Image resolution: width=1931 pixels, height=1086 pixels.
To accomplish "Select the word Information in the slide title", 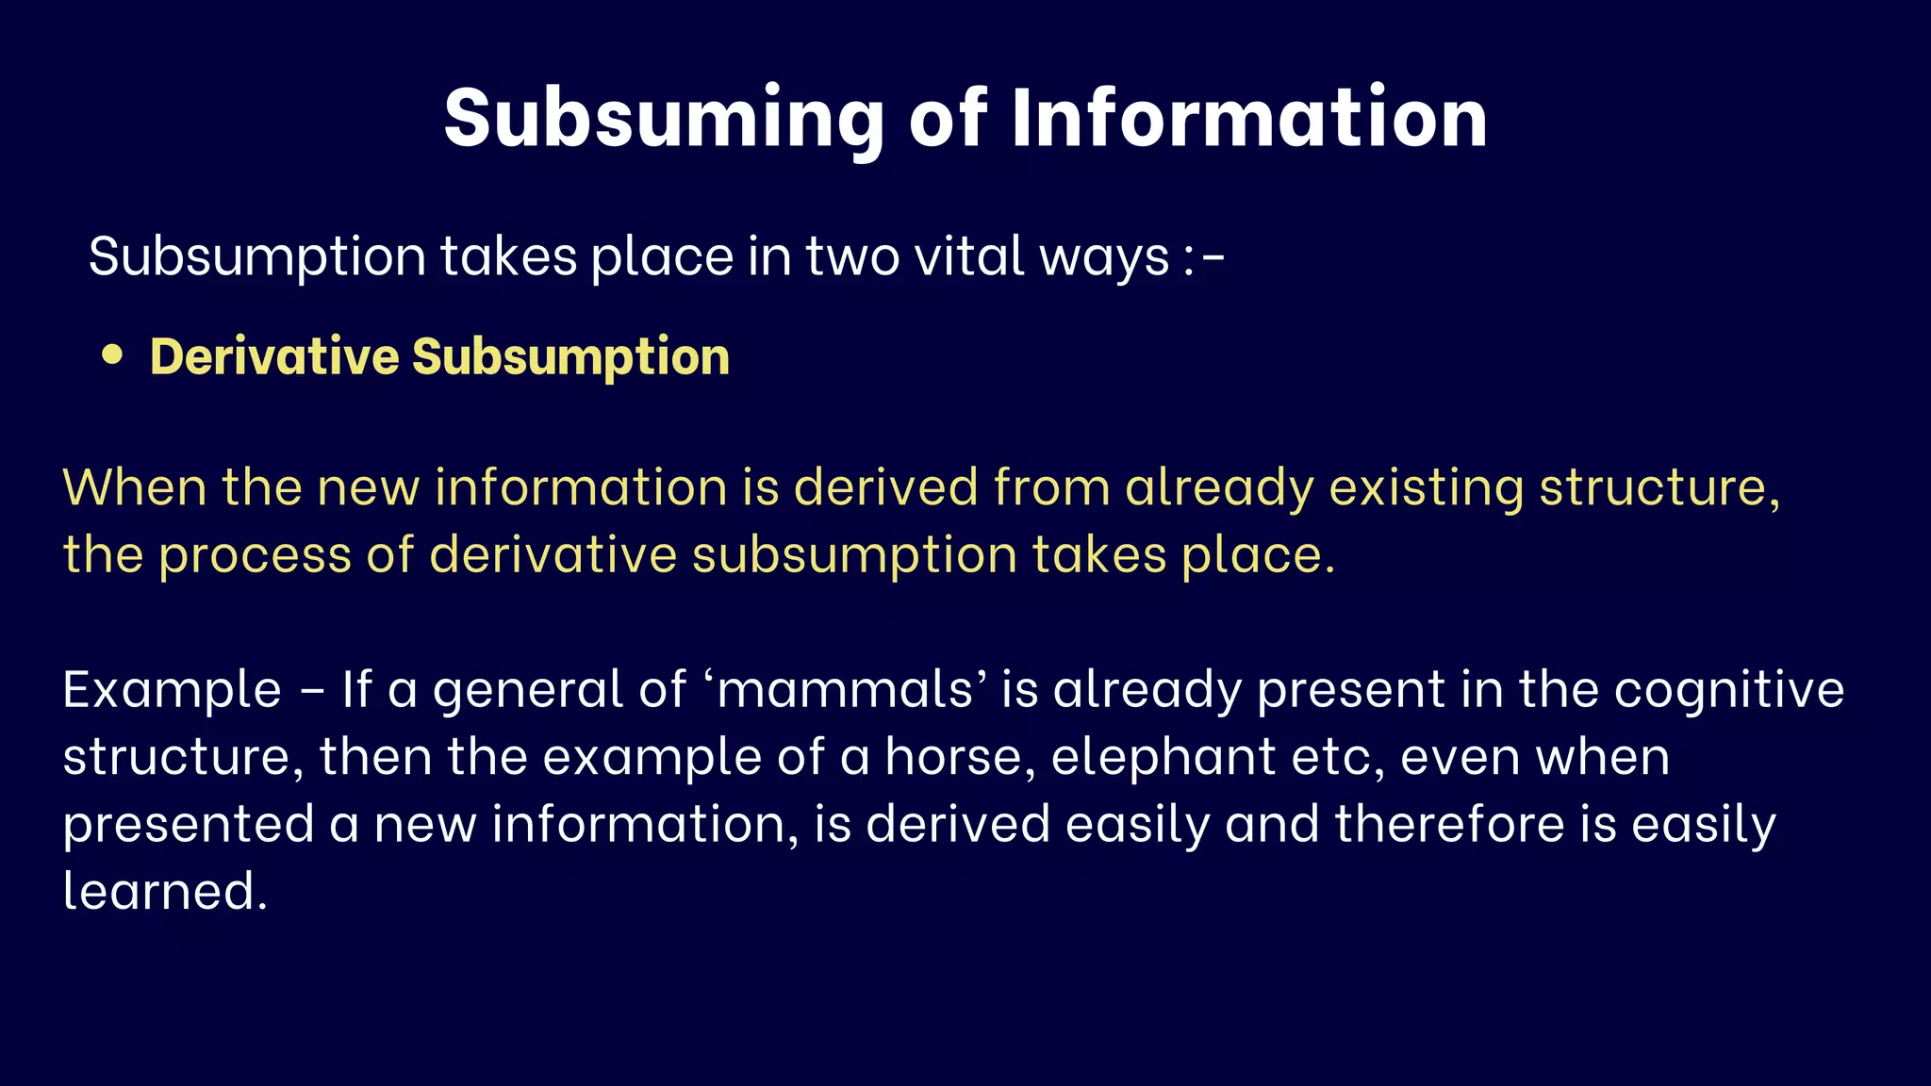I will [x=1249, y=119].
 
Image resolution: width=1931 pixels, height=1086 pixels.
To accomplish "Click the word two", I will [x=852, y=256].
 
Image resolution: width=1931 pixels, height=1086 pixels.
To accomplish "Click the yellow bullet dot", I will [x=112, y=354].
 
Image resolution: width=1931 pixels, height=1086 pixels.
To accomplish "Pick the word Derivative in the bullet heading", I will [x=274, y=356].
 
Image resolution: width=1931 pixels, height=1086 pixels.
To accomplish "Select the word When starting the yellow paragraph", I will [x=135, y=487].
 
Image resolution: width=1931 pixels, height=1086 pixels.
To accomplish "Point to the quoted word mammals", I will [x=845, y=689].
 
